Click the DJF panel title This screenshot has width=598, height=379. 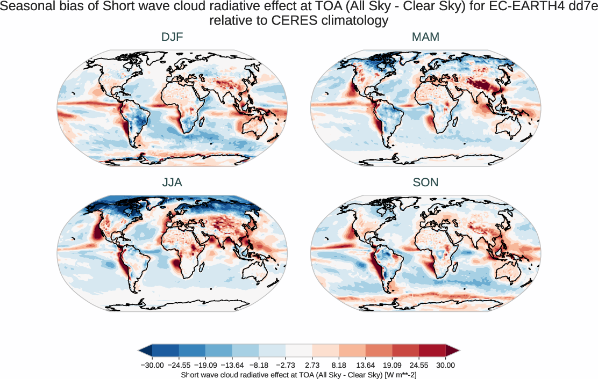[x=172, y=38]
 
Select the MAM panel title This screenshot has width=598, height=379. [x=425, y=38]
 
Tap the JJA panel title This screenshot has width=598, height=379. [x=172, y=183]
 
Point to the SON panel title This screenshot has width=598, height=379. [x=425, y=183]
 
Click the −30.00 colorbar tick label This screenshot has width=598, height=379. [x=152, y=365]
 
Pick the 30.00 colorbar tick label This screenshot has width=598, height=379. [x=445, y=365]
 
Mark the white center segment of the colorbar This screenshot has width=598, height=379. [x=298, y=351]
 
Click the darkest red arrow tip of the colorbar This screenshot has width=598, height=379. [x=452, y=351]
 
